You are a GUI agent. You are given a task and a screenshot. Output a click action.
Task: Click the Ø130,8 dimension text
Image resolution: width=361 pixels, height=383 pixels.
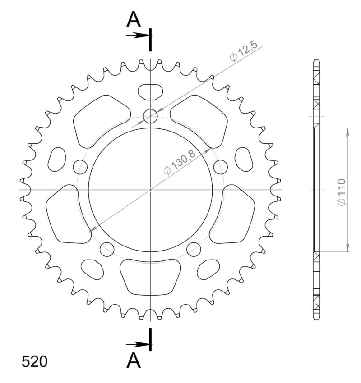[180, 163]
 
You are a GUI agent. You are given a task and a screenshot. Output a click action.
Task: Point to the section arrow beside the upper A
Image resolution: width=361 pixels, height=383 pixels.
[137, 35]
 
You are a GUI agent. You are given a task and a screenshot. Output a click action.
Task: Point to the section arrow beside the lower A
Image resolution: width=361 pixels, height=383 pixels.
[137, 345]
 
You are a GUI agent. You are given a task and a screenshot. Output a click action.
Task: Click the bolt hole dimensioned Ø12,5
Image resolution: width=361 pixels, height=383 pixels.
[151, 117]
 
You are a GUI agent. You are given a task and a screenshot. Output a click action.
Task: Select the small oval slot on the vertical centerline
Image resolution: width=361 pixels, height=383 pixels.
[151, 92]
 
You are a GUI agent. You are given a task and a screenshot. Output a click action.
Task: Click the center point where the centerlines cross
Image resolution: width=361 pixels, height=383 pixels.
[151, 190]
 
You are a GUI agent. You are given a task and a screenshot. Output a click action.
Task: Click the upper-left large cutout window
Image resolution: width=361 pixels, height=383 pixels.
[98, 120]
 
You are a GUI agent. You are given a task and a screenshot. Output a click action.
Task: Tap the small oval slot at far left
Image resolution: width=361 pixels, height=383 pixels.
[57, 159]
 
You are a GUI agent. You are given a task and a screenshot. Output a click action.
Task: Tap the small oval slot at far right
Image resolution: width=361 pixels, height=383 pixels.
[244, 159]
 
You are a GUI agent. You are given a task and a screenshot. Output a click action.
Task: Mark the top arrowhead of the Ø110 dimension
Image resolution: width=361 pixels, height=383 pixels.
[348, 131]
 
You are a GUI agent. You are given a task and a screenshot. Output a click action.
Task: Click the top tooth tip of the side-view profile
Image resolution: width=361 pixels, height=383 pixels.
[317, 61]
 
